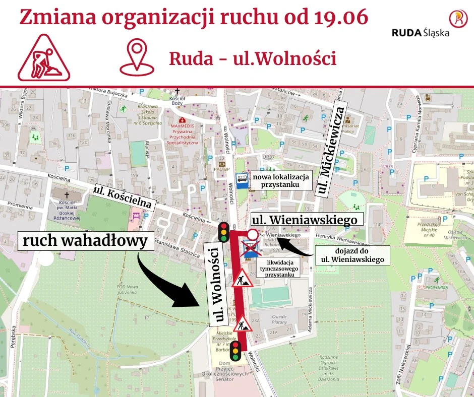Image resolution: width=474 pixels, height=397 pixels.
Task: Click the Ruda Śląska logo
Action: click(428, 25)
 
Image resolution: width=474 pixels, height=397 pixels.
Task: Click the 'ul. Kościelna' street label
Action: click(123, 196)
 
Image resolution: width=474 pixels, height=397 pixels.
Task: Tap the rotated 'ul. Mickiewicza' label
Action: click(330, 150)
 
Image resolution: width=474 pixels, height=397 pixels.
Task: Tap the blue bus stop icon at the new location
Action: click(241, 179)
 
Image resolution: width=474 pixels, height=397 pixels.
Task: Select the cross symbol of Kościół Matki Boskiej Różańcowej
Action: click(66, 194)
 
